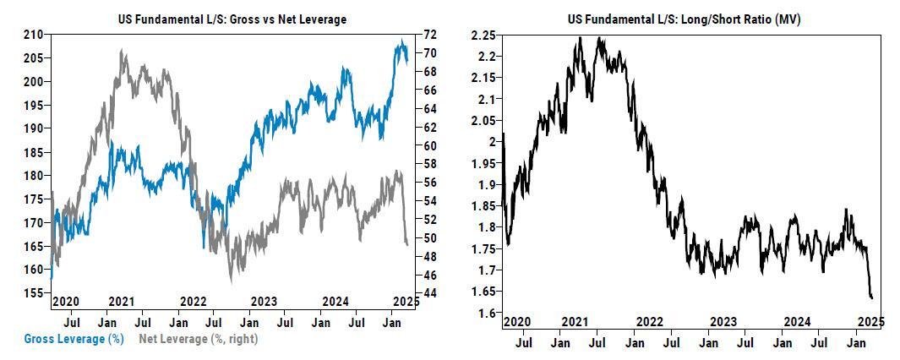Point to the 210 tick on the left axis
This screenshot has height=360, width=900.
coord(33,35)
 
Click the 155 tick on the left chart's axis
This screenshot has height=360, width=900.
coord(33,293)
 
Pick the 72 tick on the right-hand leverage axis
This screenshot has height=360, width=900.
coord(428,35)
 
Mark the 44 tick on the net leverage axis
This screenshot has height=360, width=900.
coord(428,293)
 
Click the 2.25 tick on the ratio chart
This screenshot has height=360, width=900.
coord(483,35)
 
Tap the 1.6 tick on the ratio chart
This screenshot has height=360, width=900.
coord(488,314)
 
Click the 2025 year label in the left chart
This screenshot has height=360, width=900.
coord(407,302)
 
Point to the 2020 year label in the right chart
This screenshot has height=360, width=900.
coord(517,322)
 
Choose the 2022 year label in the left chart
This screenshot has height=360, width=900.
coord(194,302)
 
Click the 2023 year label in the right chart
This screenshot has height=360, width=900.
coord(723,322)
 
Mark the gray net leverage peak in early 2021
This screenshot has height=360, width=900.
coord(123,51)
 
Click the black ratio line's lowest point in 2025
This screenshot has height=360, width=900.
coord(871,297)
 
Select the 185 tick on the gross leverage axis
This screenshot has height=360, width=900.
coord(33,153)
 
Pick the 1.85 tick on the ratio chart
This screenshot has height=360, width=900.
coord(483,206)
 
